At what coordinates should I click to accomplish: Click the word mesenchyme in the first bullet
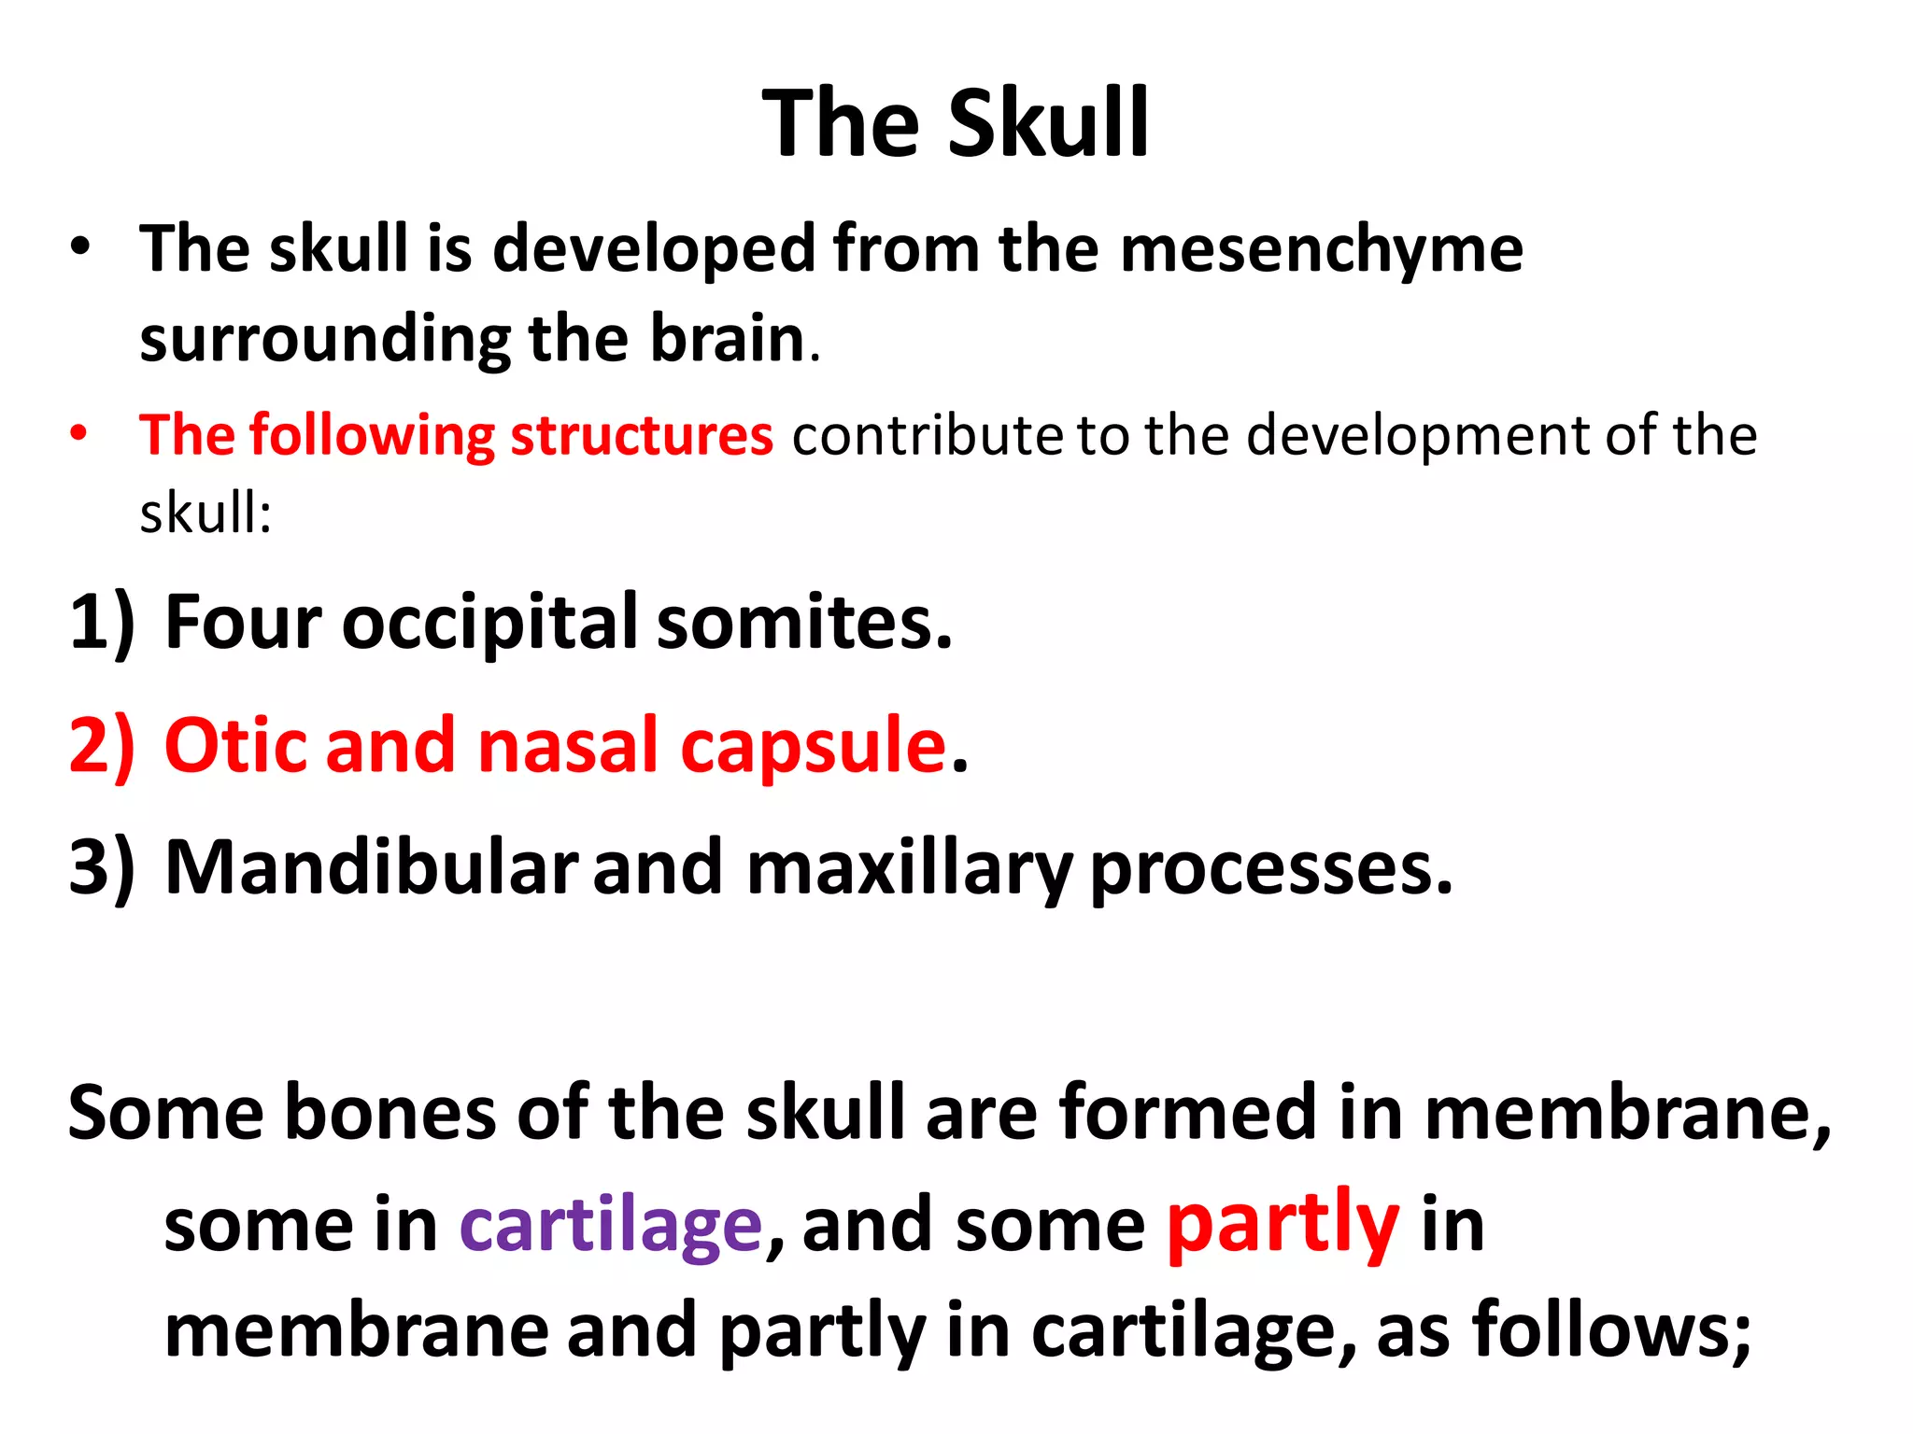pyautogui.click(x=1321, y=249)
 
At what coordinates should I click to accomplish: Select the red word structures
pyautogui.click(x=642, y=435)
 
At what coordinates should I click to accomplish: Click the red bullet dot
pyautogui.click(x=79, y=433)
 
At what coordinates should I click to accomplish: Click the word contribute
pyautogui.click(x=927, y=435)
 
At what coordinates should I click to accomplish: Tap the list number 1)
pyautogui.click(x=101, y=622)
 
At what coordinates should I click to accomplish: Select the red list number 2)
pyautogui.click(x=101, y=745)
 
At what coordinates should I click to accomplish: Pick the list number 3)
pyautogui.click(x=101, y=867)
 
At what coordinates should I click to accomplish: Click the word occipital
pyautogui.click(x=489, y=624)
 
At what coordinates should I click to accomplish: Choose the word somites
pyautogui.click(x=803, y=622)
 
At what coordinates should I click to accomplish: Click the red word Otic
pyautogui.click(x=235, y=745)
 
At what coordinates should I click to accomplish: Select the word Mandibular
pyautogui.click(x=371, y=867)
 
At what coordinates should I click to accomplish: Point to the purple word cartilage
pyautogui.click(x=611, y=1226)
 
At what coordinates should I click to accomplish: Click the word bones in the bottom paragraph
pyautogui.click(x=390, y=1113)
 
